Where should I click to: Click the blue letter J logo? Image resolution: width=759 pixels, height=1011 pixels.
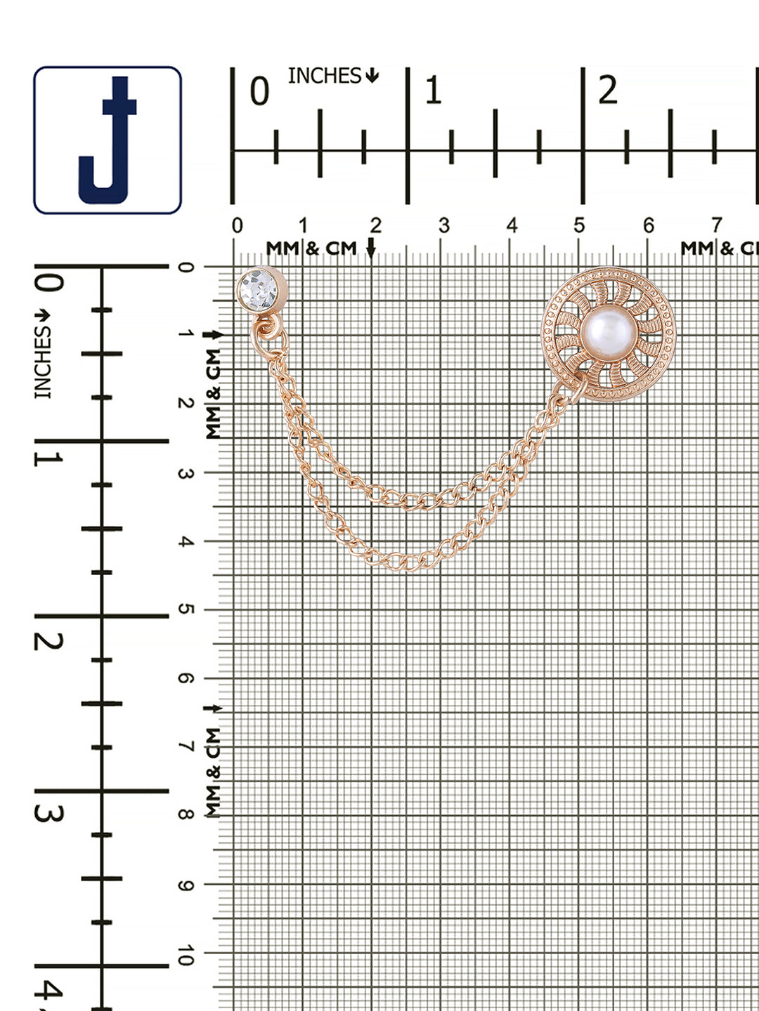[x=108, y=140]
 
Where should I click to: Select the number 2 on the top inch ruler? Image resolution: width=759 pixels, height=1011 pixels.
[x=608, y=91]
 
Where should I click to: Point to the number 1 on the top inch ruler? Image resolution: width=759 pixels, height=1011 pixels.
[x=433, y=91]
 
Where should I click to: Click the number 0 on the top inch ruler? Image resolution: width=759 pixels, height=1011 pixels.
[x=259, y=91]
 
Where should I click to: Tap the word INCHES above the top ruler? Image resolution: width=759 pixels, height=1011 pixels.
[x=325, y=76]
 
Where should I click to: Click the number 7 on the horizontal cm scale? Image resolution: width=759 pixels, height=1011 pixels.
[x=715, y=225]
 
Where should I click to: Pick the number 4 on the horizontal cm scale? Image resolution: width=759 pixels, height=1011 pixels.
[x=512, y=225]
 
